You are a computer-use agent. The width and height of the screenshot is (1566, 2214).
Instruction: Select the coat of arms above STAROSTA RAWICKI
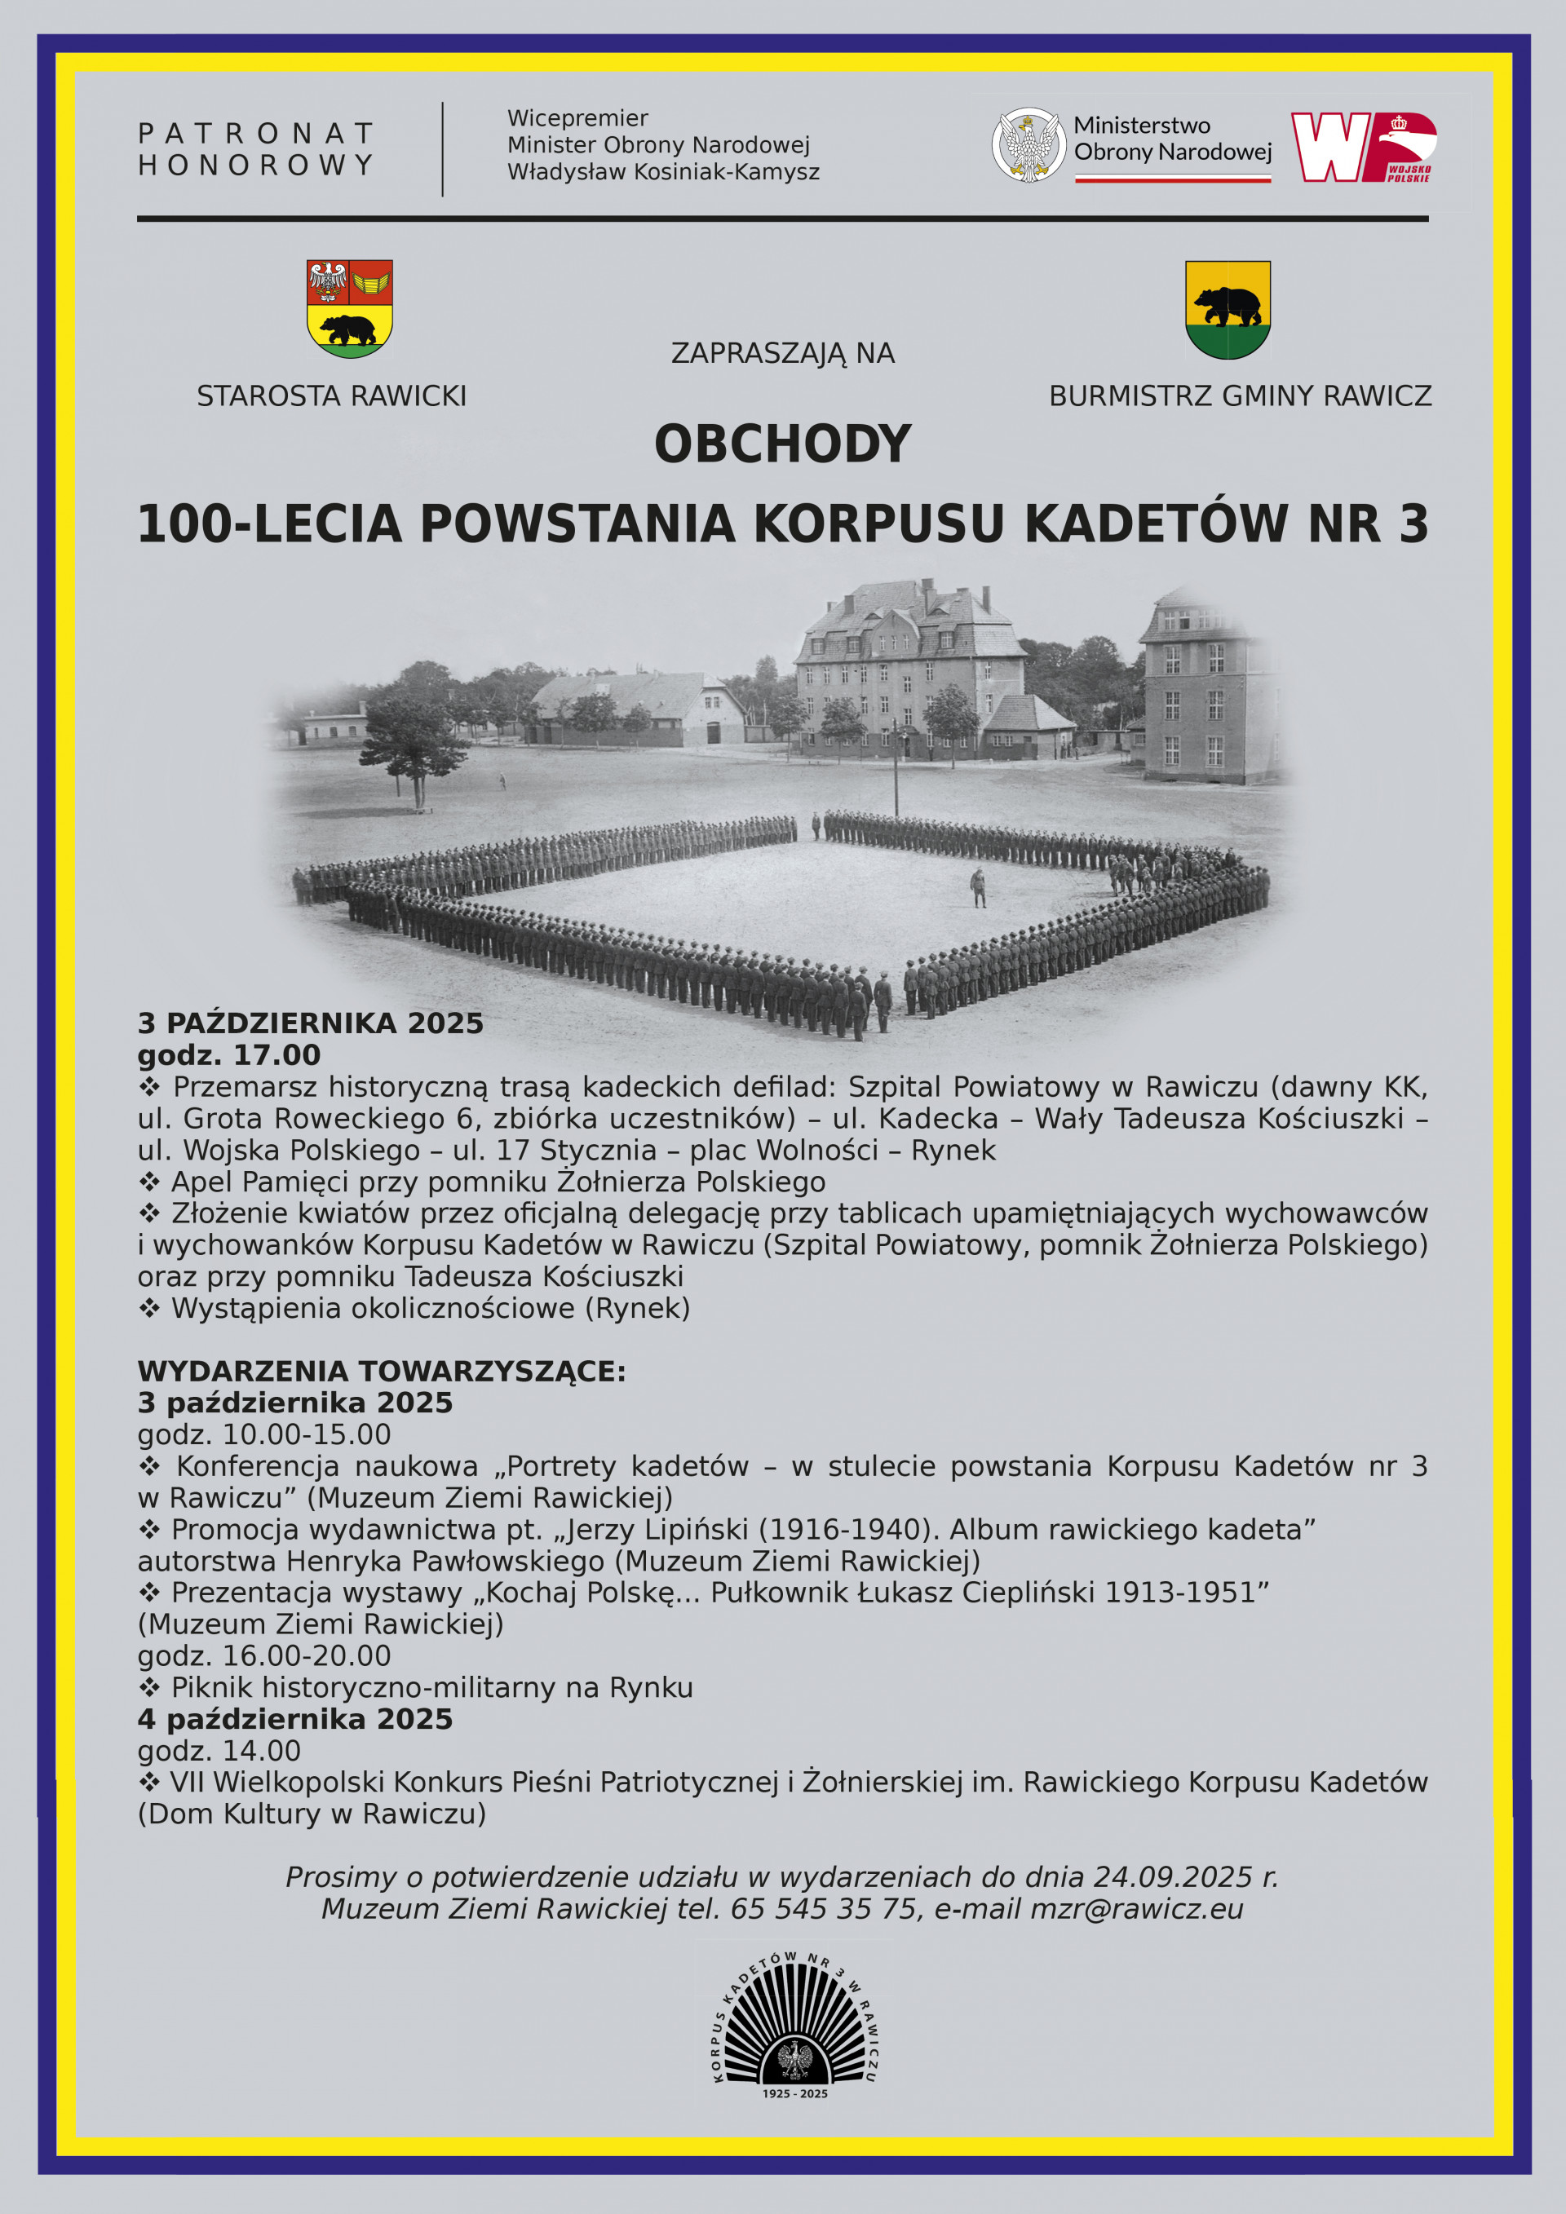tap(349, 308)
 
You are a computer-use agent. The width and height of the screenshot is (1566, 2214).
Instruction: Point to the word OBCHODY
tap(782, 444)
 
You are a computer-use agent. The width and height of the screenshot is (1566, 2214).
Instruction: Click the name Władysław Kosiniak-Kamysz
tap(663, 173)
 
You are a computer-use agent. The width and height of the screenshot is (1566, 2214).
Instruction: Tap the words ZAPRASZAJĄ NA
tap(782, 354)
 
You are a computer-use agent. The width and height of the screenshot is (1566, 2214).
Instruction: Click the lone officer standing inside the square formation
tap(978, 887)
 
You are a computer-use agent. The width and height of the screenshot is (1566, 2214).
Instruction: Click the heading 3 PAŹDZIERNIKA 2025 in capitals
tap(311, 1023)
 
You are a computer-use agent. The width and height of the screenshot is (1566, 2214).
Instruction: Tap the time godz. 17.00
tap(228, 1055)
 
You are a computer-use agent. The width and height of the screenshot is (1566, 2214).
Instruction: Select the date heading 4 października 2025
tap(295, 1718)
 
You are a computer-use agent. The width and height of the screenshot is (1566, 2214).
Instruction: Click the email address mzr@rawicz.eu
tap(1137, 1908)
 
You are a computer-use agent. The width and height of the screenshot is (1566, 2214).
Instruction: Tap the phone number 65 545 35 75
tap(824, 1908)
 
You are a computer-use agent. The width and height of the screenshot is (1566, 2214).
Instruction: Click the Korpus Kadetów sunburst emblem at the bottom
tap(794, 2024)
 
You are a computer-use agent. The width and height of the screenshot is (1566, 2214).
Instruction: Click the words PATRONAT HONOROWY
tap(255, 149)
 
